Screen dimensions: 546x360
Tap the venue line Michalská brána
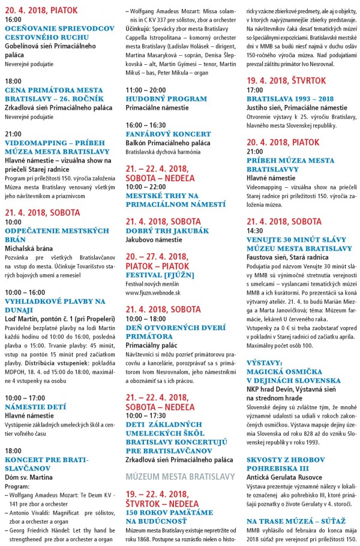click(29, 247)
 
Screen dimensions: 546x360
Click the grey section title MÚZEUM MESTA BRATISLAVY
click(179, 460)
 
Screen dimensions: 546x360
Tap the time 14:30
click(255, 230)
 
